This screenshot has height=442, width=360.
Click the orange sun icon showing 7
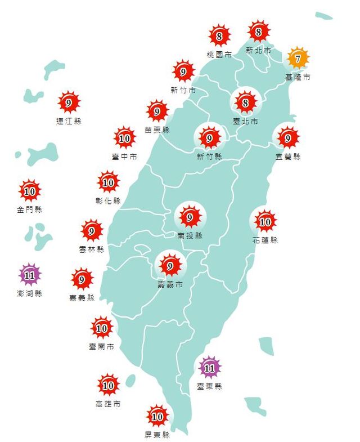(x=299, y=59)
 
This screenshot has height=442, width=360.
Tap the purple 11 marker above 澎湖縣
(x=30, y=275)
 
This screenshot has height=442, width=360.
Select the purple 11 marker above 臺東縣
(x=209, y=368)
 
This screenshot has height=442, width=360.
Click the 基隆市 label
(x=298, y=77)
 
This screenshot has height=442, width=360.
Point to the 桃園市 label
(x=219, y=55)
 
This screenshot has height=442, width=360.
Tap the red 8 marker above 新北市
(x=259, y=32)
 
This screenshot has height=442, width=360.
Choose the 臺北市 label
(x=246, y=121)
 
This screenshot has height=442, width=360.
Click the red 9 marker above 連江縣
(x=69, y=103)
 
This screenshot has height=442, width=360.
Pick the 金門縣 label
(x=30, y=209)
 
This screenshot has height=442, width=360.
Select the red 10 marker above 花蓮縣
(x=265, y=221)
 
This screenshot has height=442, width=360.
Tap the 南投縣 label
(x=190, y=236)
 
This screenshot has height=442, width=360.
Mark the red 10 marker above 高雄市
(x=108, y=386)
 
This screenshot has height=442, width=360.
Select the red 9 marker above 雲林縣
(x=92, y=230)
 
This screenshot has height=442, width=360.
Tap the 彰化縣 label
(x=108, y=200)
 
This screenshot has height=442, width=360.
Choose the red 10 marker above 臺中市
(x=124, y=138)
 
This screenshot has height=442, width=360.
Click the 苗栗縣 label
(x=157, y=130)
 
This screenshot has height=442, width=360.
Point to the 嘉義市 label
(x=170, y=285)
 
